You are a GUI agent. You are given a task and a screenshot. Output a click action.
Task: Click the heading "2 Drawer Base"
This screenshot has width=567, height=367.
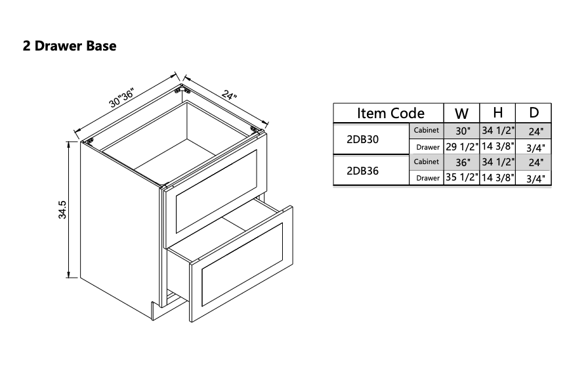[70, 47]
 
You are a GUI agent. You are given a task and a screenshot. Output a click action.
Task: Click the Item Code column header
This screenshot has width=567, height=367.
[390, 113]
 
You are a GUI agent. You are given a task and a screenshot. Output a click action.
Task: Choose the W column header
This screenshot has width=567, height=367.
[461, 113]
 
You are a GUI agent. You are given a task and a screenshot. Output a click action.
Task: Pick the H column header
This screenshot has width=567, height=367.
[497, 113]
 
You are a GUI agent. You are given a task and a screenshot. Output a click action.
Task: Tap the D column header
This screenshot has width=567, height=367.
[534, 113]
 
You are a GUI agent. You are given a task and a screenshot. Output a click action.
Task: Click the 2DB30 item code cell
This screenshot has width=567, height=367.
[362, 139]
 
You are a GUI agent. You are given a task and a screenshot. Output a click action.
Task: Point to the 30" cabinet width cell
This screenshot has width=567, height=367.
[462, 131]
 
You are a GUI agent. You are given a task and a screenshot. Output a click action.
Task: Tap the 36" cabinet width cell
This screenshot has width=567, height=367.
[462, 162]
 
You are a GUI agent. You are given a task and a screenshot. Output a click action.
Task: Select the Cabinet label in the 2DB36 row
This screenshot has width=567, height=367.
[427, 162]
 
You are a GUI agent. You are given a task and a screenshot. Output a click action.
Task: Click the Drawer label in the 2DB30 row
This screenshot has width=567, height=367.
[428, 147]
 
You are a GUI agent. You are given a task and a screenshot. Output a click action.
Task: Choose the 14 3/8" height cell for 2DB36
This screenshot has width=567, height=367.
[497, 178]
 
